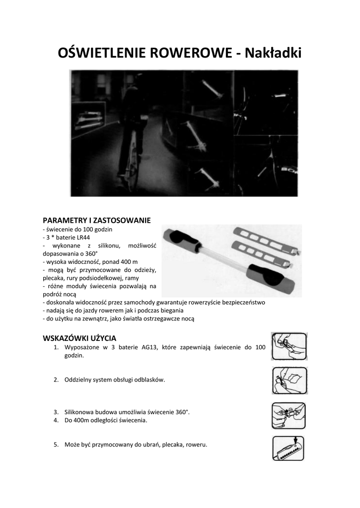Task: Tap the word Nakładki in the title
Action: click(x=275, y=52)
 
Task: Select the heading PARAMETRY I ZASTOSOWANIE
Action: click(x=96, y=220)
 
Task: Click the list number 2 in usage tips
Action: click(x=56, y=380)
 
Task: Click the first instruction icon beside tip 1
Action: click(x=289, y=346)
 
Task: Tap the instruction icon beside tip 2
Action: click(x=289, y=380)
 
